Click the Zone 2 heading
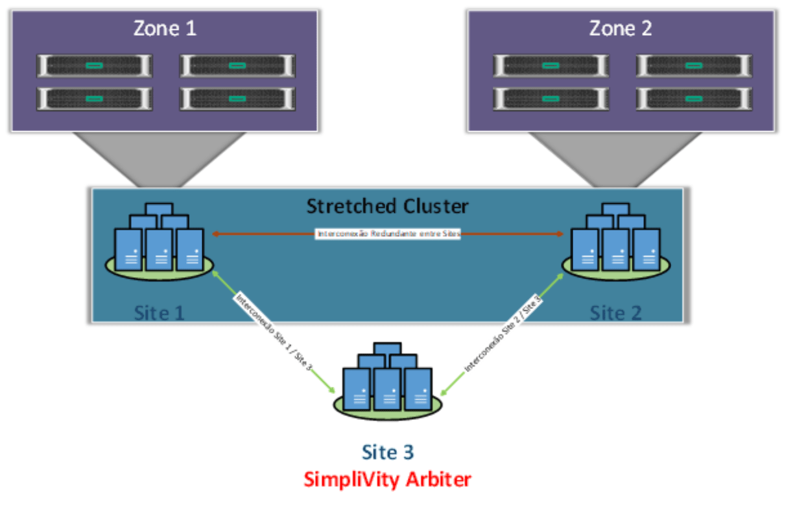coord(620,29)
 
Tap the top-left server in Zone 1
coord(95,66)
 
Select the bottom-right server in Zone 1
coord(237,99)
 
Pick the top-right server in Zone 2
coord(694,66)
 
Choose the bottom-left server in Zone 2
coord(551,99)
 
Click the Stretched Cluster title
coord(387,206)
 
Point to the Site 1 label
coord(160,313)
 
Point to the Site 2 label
coord(615,313)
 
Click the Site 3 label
coord(388,452)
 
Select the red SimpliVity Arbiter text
coord(388,480)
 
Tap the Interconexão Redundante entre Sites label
coord(388,234)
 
